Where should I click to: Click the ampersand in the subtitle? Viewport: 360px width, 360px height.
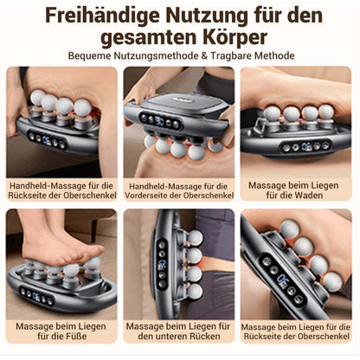coord(204,55)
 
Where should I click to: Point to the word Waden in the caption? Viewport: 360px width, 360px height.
coord(307,196)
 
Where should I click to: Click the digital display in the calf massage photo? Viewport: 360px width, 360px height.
coord(306,146)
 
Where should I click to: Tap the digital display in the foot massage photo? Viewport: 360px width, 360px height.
coord(36,296)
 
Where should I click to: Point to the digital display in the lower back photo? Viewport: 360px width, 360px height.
coord(162,264)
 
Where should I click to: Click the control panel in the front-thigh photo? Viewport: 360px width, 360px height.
coord(161,121)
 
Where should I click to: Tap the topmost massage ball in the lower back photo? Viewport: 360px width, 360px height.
coord(195,238)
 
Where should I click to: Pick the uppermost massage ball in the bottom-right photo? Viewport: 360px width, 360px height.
coord(290,229)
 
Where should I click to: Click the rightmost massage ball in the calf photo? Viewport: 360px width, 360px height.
coord(326,112)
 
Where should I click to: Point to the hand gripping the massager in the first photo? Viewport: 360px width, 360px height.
coord(13,106)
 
